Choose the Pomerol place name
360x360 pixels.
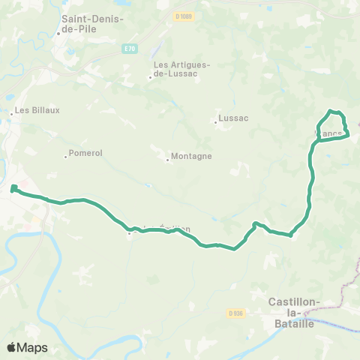tap(85, 153)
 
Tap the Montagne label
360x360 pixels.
tap(192, 156)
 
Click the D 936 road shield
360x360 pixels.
tap(235, 313)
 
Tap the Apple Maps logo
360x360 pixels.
tap(26, 347)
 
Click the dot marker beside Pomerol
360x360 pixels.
tap(66, 157)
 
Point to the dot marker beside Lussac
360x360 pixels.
tap(216, 122)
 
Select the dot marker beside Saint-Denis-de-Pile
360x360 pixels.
tap(58, 34)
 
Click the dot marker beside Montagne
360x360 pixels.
tap(167, 160)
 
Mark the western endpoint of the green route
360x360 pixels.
tap(14, 188)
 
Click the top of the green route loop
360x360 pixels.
tap(331, 111)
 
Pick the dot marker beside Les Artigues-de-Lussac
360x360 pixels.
tap(150, 76)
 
